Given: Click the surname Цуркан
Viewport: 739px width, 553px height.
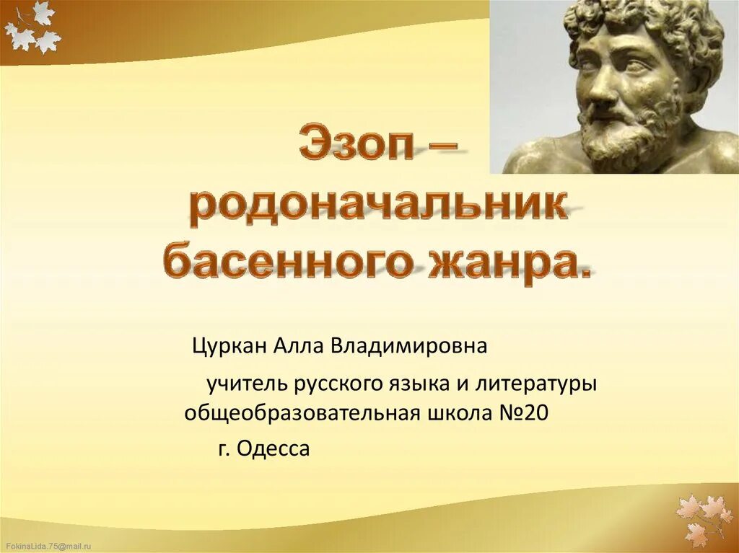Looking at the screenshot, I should [229, 346].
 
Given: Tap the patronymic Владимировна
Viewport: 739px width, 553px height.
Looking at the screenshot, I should [409, 346].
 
